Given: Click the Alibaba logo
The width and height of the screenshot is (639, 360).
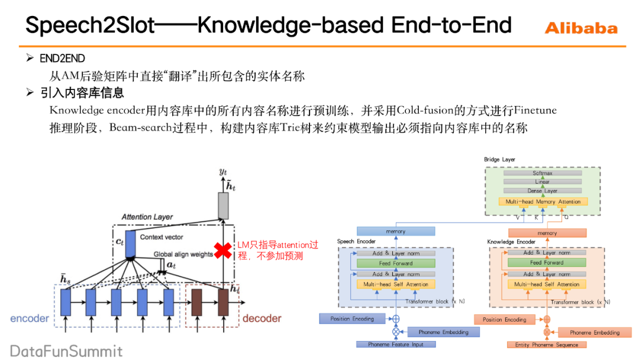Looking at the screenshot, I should [x=580, y=28].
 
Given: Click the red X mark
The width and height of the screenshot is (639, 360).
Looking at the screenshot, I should [x=223, y=250].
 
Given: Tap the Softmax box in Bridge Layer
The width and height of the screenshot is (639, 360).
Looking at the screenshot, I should [x=542, y=173].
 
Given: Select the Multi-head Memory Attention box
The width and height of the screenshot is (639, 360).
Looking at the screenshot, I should [x=542, y=202].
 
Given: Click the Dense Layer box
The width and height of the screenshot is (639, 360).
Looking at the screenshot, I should [x=542, y=191].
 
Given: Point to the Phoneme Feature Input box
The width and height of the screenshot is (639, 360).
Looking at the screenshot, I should [x=396, y=344].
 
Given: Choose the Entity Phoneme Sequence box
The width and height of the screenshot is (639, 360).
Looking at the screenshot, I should [x=547, y=344].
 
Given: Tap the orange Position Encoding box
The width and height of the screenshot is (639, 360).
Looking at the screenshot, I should [x=504, y=319].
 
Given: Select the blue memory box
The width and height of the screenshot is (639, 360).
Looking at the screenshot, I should [x=395, y=231].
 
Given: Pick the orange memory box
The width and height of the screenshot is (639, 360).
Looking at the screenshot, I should [x=547, y=233].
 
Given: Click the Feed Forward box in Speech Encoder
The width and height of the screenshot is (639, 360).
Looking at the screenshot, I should [x=396, y=263].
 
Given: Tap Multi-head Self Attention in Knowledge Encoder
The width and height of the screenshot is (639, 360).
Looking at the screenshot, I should [x=547, y=284].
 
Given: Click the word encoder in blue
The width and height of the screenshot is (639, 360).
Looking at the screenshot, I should [x=30, y=319].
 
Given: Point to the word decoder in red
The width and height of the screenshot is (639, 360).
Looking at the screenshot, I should [x=262, y=319].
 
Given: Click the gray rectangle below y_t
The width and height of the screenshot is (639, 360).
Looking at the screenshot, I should [x=223, y=205].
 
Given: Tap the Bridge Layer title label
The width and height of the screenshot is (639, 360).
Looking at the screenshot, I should [x=499, y=159].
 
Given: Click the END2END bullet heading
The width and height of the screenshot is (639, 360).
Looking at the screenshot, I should [x=62, y=58].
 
